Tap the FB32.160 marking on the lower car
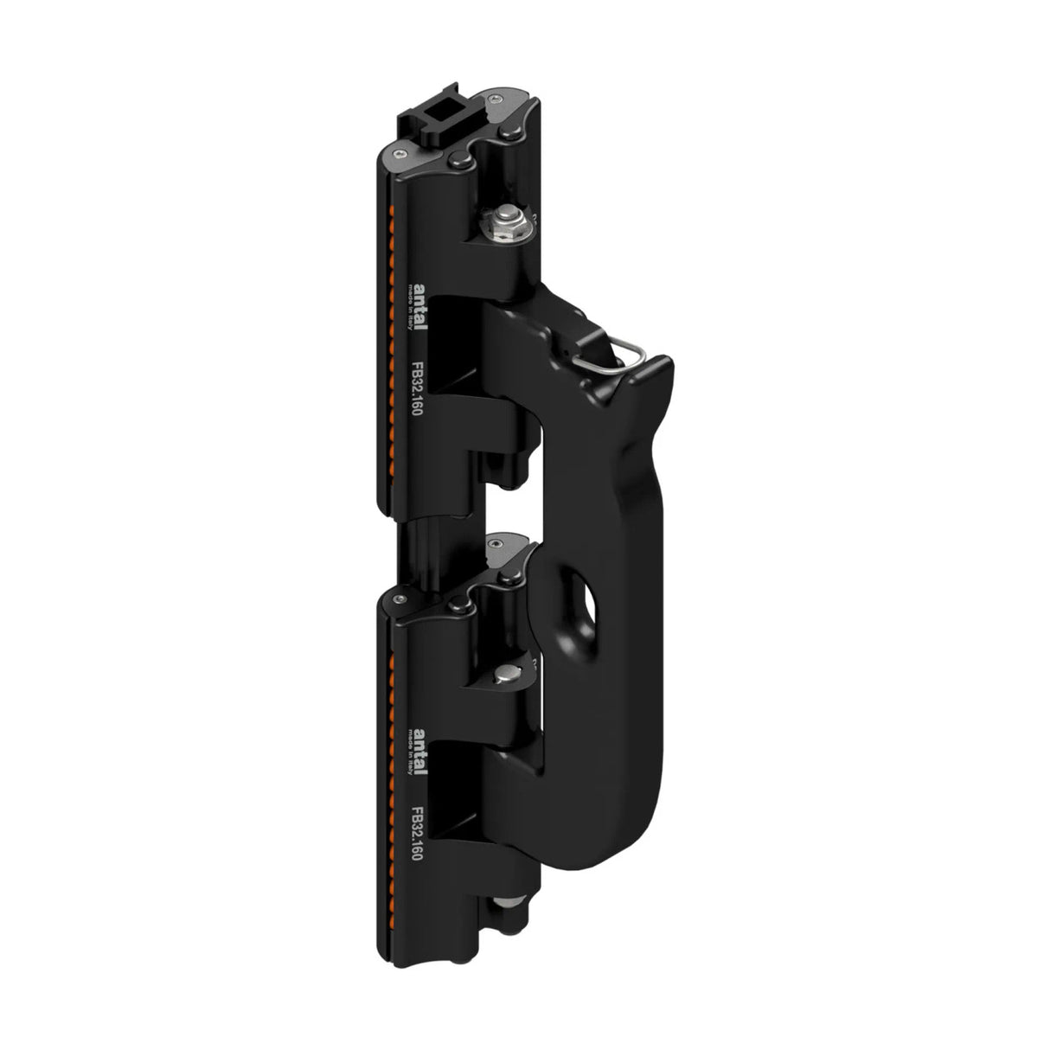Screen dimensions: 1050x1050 click(x=417, y=830)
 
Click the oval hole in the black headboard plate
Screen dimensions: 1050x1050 click(x=596, y=599)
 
